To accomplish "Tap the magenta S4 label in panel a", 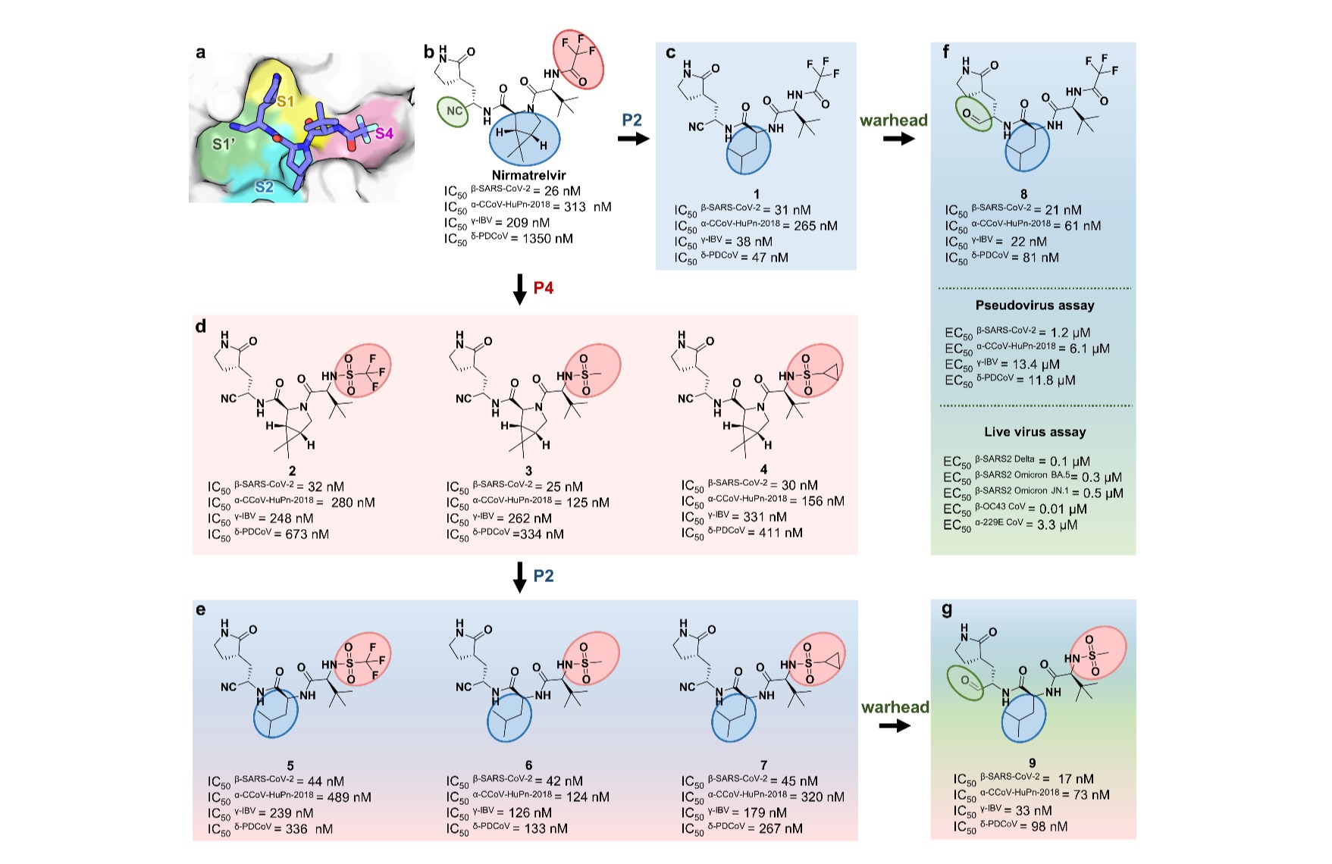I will [384, 133].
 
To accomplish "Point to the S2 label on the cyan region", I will [264, 186].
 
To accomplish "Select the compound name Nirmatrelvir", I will [529, 175].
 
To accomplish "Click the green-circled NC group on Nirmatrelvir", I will [454, 111].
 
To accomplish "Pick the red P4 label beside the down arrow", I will [544, 288].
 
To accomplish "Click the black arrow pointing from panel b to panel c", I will [632, 139].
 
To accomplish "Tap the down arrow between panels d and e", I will [519, 577].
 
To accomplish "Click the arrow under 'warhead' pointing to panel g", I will [894, 726].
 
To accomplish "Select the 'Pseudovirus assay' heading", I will [1035, 305].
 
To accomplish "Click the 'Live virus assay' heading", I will [1035, 432].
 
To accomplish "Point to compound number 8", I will [1023, 194].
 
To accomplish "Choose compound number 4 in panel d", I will [763, 470].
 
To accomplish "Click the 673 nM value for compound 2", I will [312, 534].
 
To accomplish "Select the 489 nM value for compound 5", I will [353, 797].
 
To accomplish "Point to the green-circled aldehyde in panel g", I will [965, 681].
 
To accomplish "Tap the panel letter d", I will [201, 327].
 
